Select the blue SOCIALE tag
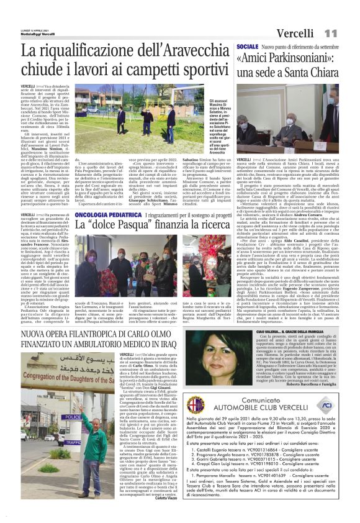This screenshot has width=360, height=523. tap(248, 47)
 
